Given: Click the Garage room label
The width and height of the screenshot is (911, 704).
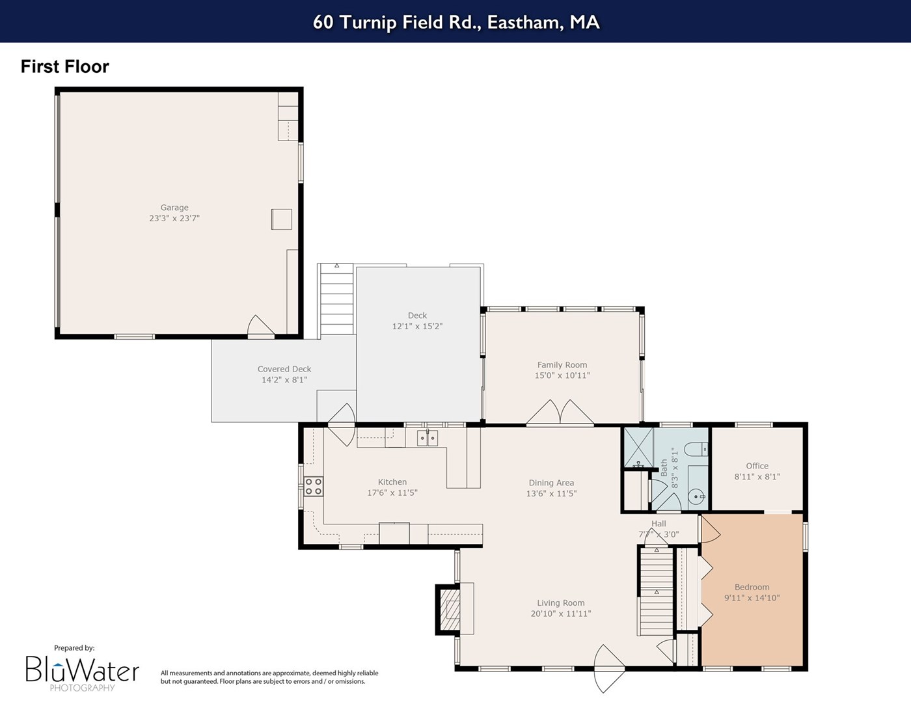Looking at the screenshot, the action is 174,208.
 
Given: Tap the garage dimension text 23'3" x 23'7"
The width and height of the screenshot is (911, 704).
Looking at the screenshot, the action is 174,219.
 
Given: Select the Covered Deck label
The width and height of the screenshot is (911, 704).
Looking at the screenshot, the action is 284,369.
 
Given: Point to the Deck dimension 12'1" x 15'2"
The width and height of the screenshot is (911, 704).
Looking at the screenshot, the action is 418,326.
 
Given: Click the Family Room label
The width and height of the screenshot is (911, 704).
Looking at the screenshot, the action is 562,365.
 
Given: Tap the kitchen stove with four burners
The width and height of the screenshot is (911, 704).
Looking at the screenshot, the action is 314,487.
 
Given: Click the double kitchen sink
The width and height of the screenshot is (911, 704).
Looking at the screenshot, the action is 428,438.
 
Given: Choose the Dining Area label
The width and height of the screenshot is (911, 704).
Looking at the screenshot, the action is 551,483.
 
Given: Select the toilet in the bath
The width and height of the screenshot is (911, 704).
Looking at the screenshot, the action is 696,449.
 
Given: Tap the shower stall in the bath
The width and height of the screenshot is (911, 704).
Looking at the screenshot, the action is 638,448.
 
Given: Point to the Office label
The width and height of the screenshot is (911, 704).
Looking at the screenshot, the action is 757,466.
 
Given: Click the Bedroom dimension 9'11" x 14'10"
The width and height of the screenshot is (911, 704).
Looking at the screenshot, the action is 752,598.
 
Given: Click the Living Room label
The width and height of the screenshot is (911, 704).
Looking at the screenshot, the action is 561,603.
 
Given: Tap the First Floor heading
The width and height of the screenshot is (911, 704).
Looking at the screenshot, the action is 65,66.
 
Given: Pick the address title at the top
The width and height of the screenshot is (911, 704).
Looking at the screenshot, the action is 456,22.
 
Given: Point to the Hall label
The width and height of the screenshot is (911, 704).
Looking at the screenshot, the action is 659,523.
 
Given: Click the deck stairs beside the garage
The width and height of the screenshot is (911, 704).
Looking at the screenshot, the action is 336,299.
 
